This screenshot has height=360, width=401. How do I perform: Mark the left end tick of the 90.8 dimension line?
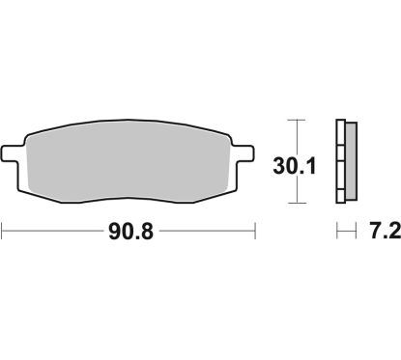[x=3, y=232]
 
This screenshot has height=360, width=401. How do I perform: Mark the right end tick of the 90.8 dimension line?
[x=254, y=232]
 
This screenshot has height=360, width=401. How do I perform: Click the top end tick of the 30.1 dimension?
[x=297, y=119]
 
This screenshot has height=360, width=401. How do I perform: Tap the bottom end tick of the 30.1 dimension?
[x=297, y=203]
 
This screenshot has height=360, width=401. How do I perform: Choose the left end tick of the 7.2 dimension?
[x=336, y=232]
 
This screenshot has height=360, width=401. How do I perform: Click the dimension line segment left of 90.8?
[x=53, y=232]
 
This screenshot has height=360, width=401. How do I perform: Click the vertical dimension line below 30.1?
[x=297, y=189]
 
